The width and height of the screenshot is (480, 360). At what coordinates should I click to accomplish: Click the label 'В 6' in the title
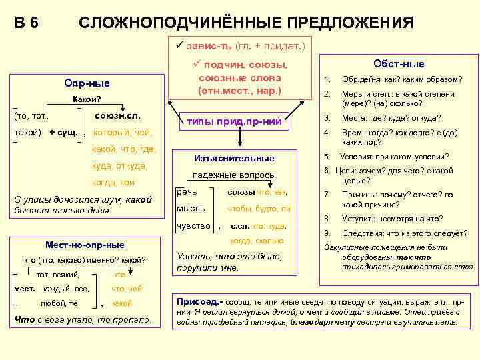click(x=27, y=23)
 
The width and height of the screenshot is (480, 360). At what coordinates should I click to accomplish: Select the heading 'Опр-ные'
click(x=87, y=83)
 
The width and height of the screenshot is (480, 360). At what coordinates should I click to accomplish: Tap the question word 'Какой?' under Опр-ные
click(x=87, y=100)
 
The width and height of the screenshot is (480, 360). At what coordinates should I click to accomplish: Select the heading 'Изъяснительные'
click(x=234, y=158)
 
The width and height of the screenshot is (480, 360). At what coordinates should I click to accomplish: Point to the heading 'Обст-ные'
click(x=399, y=64)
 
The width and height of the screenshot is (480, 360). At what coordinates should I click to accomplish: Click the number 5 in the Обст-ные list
click(x=326, y=157)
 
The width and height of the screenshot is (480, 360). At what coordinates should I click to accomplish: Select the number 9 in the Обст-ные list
click(x=327, y=233)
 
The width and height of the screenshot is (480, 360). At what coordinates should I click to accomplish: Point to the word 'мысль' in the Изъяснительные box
click(x=191, y=209)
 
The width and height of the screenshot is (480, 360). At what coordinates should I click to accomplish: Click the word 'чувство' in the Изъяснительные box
click(x=193, y=225)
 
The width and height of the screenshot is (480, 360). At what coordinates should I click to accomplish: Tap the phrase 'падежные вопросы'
click(x=234, y=175)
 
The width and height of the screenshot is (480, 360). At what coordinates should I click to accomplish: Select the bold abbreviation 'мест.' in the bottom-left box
click(x=25, y=289)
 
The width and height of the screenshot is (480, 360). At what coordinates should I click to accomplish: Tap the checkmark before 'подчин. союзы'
click(x=197, y=64)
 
